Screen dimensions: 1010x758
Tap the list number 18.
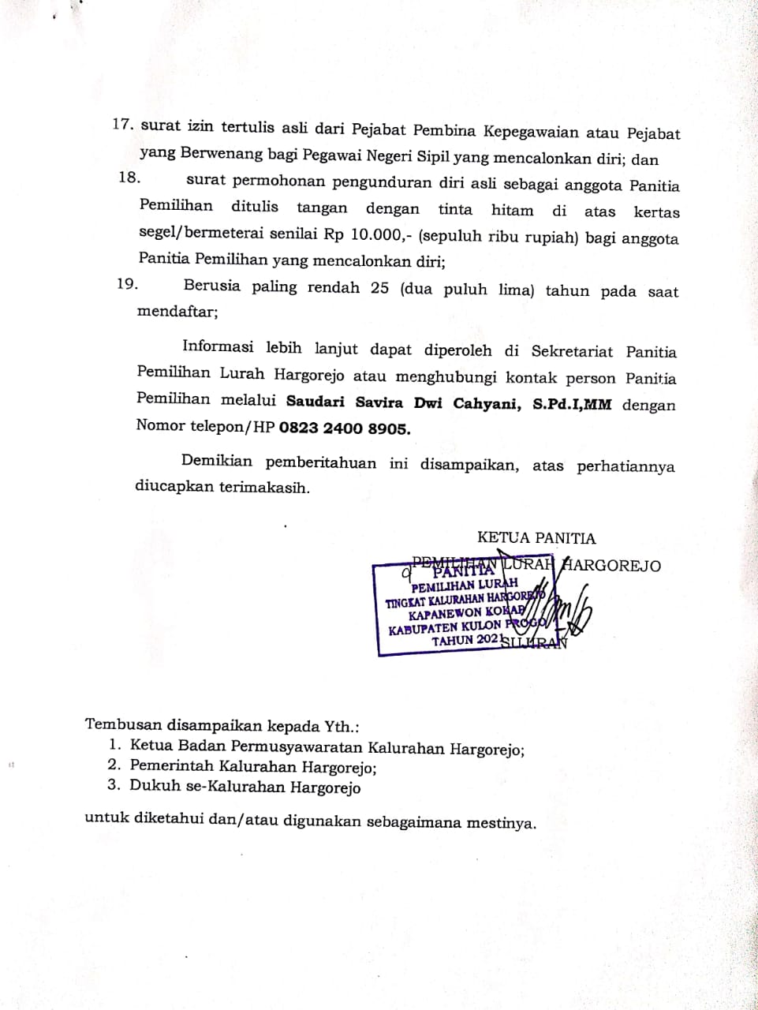129,177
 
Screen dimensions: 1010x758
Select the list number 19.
128,283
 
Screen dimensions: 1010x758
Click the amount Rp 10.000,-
379,236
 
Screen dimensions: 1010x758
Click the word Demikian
217,461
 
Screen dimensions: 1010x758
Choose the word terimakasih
264,487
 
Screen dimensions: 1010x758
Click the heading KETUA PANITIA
536,538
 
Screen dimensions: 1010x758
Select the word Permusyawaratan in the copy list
301,746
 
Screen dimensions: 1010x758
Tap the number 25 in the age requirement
379,287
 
